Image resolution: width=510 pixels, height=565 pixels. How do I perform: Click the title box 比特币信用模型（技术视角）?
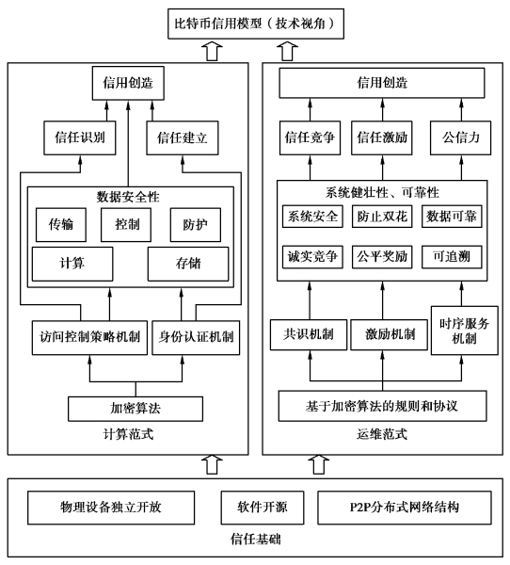pos(256,24)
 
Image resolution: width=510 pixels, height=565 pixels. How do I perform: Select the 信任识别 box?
pos(80,138)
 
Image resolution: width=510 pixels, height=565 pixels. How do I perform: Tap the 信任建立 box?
pos(183,138)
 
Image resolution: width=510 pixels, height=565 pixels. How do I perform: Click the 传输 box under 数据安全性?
pos(61,224)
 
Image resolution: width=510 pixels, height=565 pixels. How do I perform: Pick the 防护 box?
pos(195,224)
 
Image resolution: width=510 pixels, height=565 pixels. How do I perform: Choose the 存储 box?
pos(188,264)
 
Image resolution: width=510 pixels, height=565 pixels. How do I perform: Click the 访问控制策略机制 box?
pos(89,338)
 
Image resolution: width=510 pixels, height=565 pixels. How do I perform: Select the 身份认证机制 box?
pos(196,338)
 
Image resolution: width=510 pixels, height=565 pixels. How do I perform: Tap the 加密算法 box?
pos(135,409)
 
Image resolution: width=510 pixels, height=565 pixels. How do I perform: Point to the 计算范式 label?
pos(128,434)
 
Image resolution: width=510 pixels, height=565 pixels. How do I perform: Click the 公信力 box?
pos(460,138)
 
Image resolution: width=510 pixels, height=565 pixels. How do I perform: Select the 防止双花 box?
pos(382,217)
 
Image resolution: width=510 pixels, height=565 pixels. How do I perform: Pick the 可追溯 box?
pos(452,257)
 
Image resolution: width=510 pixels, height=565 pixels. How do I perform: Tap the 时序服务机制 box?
pos(465,331)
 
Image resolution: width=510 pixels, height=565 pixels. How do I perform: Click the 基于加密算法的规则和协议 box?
pos(382,406)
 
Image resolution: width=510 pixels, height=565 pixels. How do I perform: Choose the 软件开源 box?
pos(263,508)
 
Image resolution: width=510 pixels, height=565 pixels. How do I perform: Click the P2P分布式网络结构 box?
pos(404,508)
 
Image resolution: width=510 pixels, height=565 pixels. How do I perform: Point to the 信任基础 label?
pos(255,540)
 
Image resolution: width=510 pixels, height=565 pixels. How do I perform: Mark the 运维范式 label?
pos(382,434)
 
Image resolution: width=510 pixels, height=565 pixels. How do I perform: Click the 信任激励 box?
pos(382,138)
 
